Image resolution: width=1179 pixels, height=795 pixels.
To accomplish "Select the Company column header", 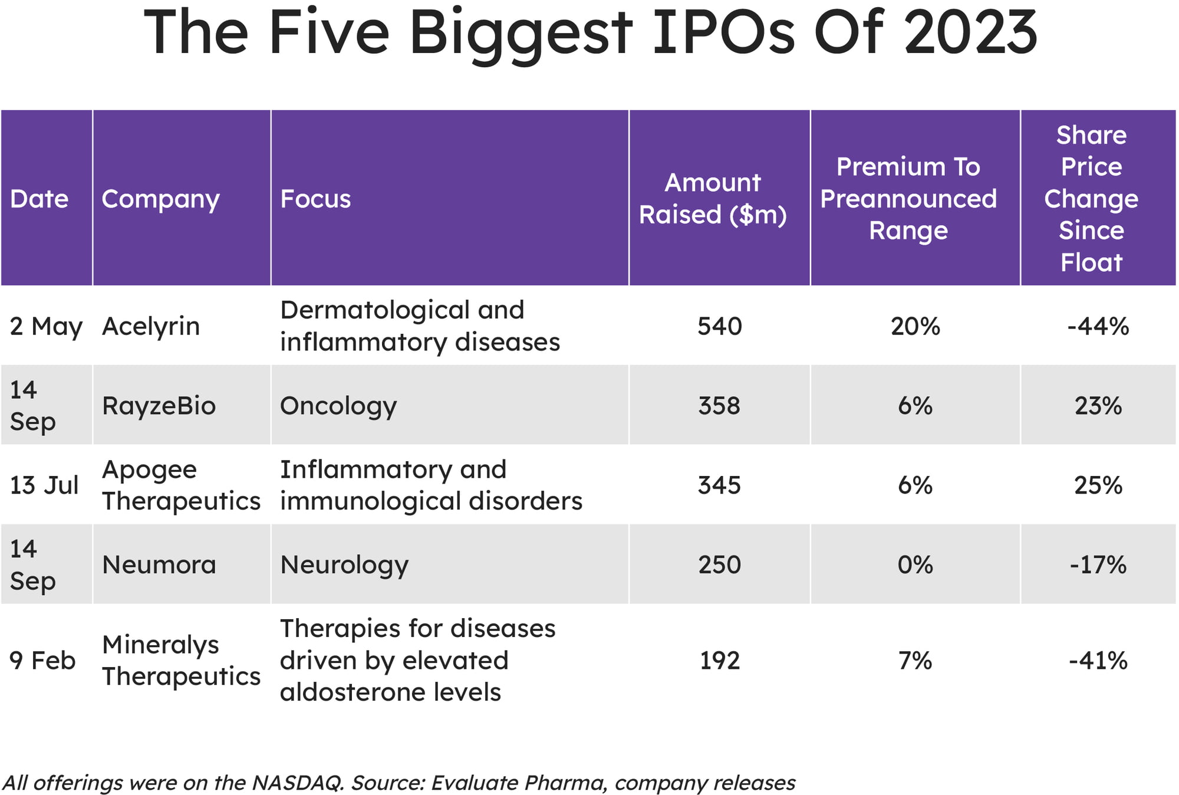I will click(160, 199).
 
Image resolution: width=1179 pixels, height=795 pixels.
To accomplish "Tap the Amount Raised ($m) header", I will click(713, 199).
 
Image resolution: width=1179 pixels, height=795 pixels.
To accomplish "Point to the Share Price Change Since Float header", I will click(1091, 199).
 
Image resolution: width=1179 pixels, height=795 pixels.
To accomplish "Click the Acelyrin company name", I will click(151, 326).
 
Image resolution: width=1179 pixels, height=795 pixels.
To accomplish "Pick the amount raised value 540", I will click(719, 326).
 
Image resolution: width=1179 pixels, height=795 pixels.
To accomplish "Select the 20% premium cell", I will click(915, 326).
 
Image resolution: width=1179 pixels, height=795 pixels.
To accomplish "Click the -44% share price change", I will click(1098, 326).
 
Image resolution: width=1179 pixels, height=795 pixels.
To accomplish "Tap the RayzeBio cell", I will click(159, 406).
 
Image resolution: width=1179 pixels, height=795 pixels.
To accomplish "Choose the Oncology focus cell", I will click(338, 406).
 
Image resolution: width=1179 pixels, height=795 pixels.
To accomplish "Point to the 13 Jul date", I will click(44, 485).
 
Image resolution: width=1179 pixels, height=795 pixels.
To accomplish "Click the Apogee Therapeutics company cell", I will click(181, 485).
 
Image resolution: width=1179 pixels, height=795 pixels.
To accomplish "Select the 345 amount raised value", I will click(719, 485).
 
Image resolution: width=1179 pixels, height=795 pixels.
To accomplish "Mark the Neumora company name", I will click(159, 565).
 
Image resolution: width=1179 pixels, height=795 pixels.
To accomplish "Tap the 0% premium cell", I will click(915, 565).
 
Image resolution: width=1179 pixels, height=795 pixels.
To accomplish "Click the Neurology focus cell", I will click(344, 565).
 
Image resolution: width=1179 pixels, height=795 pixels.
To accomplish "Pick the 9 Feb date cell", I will click(42, 661).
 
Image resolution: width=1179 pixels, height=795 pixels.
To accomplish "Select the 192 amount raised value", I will click(719, 661).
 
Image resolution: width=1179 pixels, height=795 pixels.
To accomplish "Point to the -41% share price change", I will click(1098, 661).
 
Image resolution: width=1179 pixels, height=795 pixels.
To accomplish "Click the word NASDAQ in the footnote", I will click(298, 783).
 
